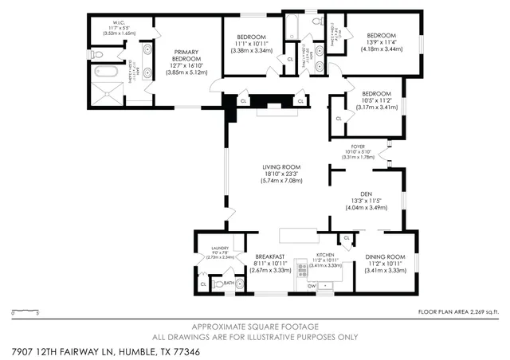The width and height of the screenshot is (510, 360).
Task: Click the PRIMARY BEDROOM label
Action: pos(186,55)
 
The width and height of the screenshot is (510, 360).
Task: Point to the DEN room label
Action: pos(366,193)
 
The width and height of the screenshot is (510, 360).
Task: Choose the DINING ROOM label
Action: pos(386,256)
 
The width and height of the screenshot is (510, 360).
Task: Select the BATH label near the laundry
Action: pos(228,282)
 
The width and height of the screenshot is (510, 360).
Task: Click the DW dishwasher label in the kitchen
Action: pos(313,284)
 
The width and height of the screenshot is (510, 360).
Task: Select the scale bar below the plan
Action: pos(25,311)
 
